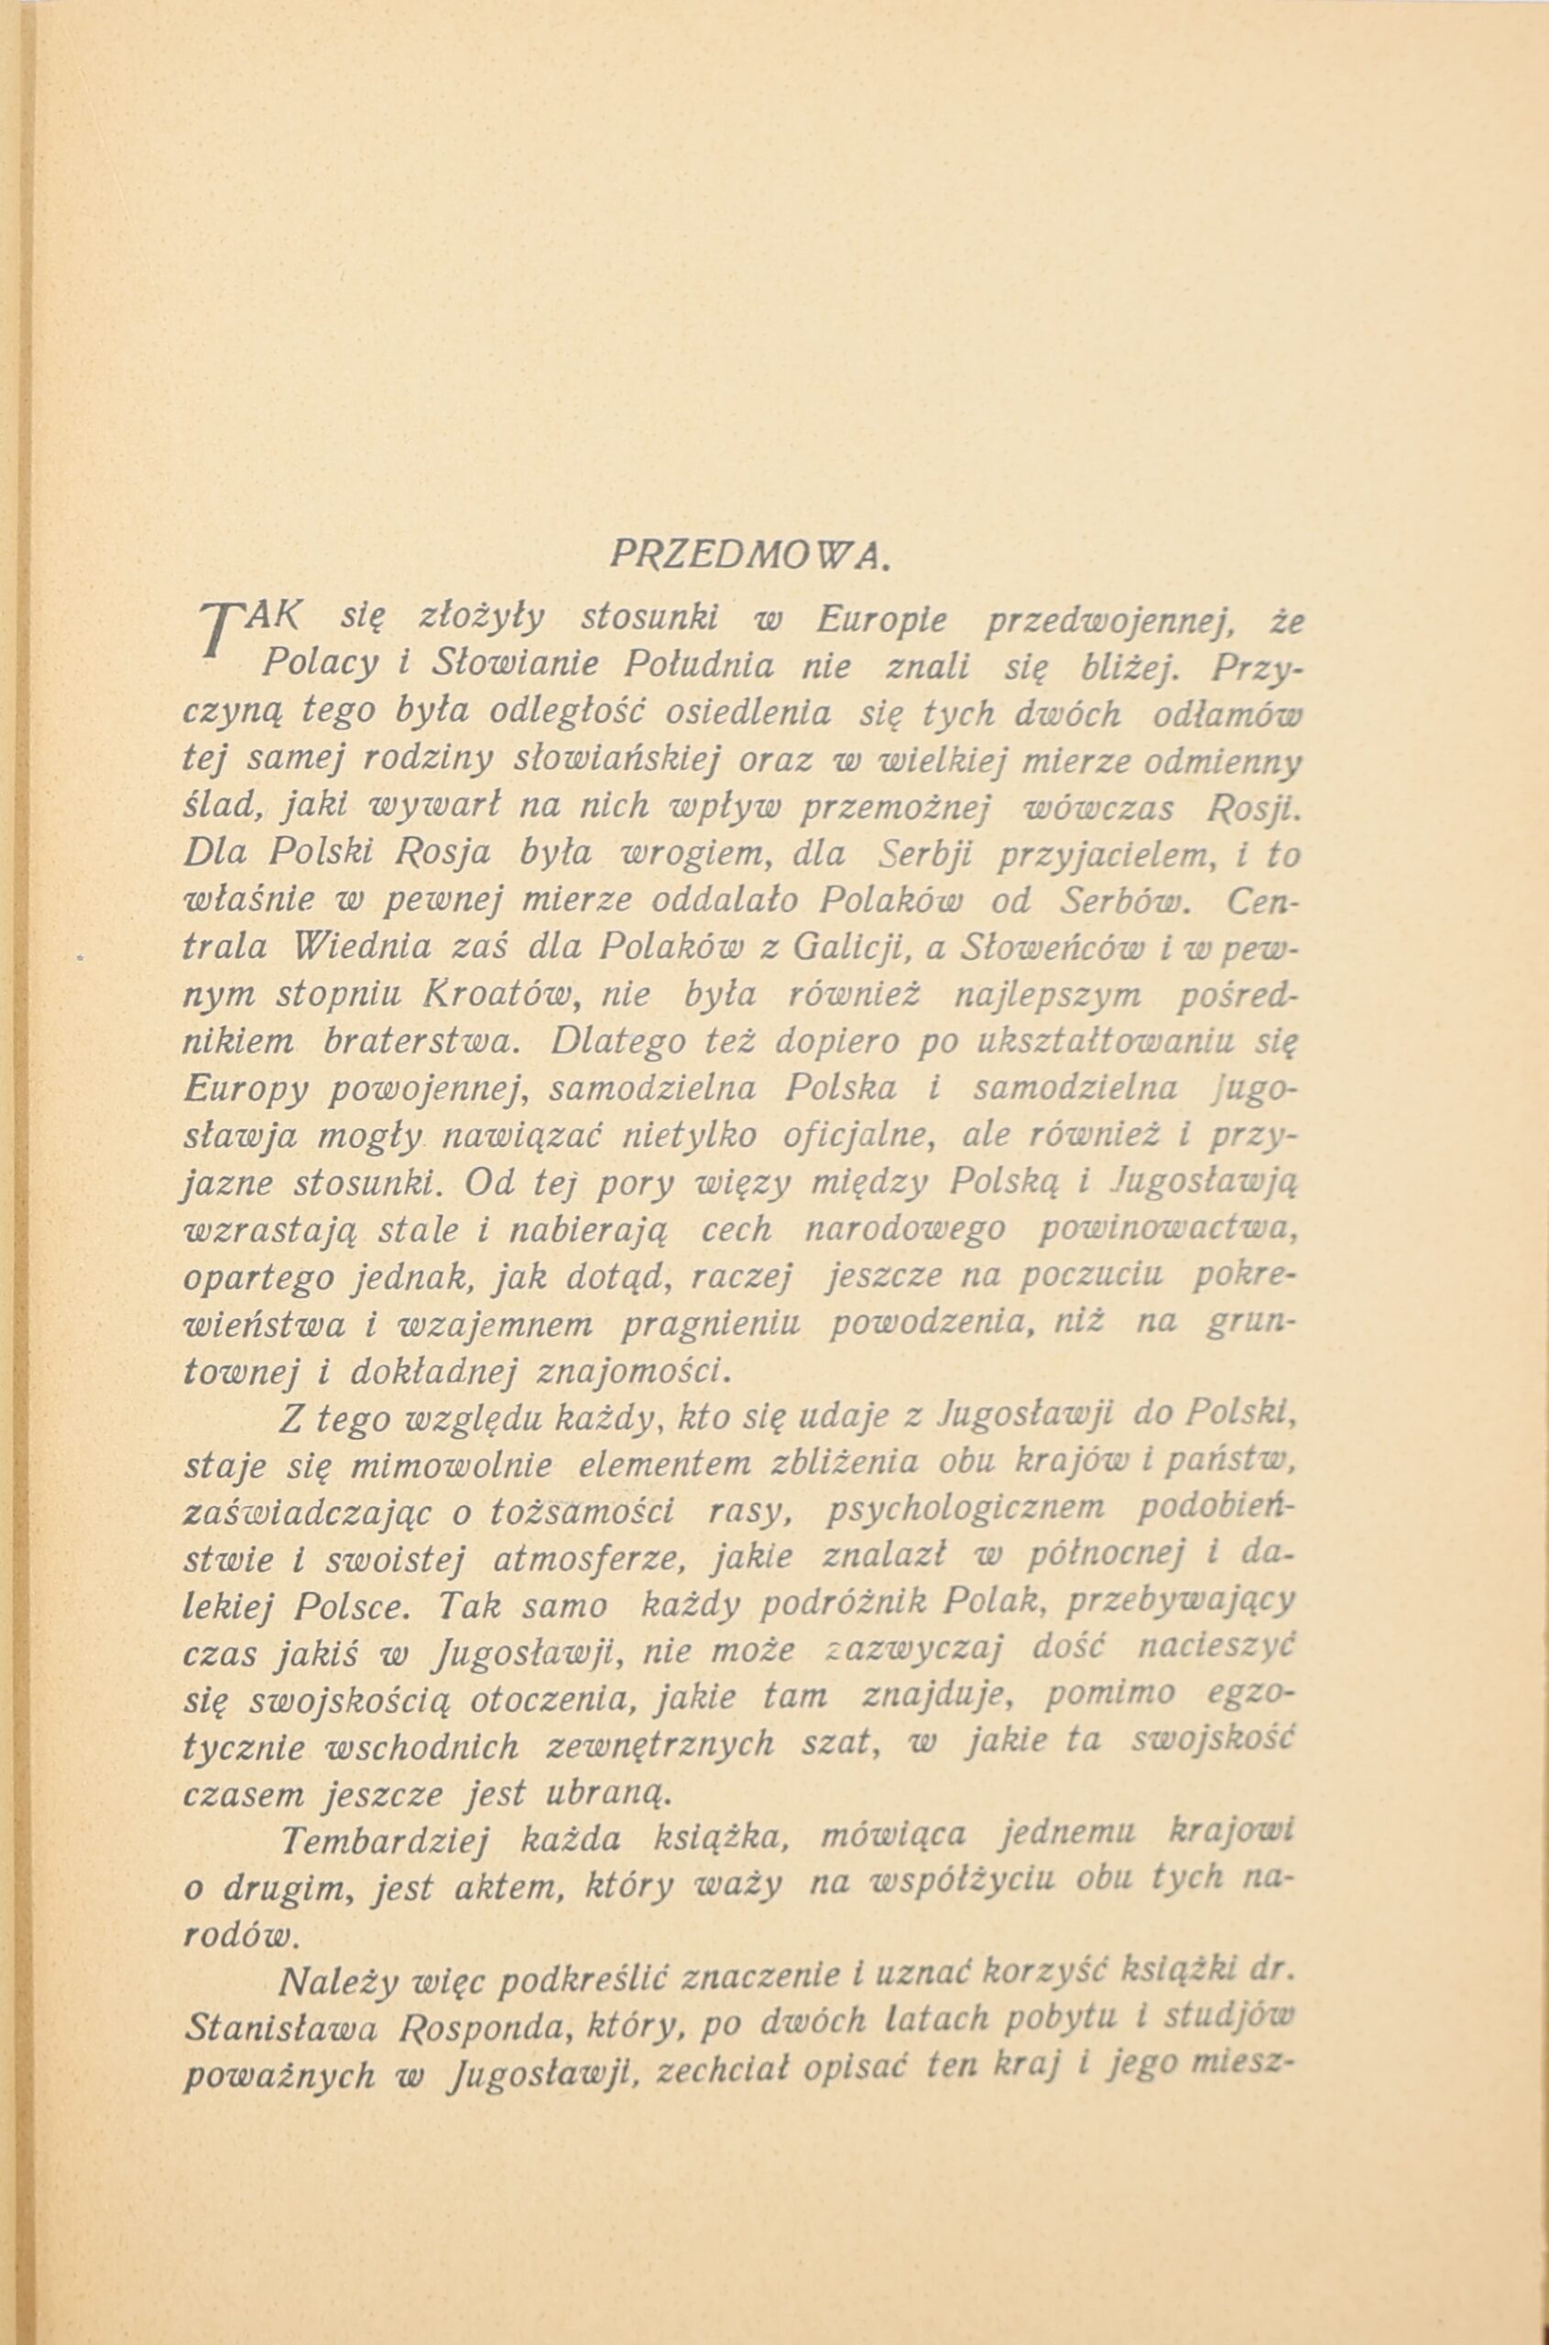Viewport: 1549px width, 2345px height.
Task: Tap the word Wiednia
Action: click(363, 945)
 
